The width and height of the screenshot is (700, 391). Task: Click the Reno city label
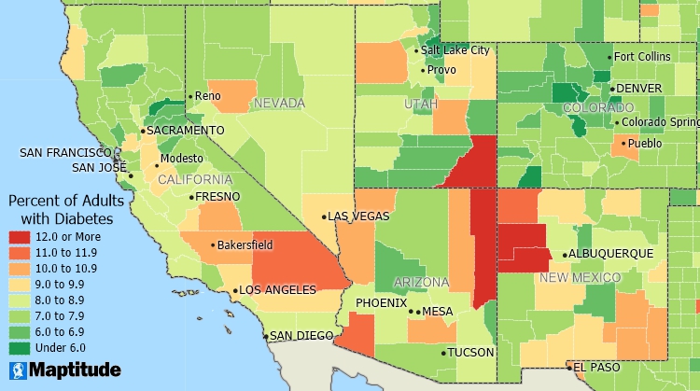point(207,96)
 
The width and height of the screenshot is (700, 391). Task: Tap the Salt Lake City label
point(455,50)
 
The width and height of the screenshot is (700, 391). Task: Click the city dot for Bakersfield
point(212,246)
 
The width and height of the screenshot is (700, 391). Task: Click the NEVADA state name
point(280,103)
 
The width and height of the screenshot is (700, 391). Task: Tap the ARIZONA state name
point(422,282)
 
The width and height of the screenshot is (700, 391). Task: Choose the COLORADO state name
point(598,108)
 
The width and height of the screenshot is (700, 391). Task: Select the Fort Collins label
point(642,57)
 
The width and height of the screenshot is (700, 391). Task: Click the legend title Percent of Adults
point(61,201)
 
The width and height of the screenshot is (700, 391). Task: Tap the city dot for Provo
point(423,70)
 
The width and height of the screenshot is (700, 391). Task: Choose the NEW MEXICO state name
point(580,277)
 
